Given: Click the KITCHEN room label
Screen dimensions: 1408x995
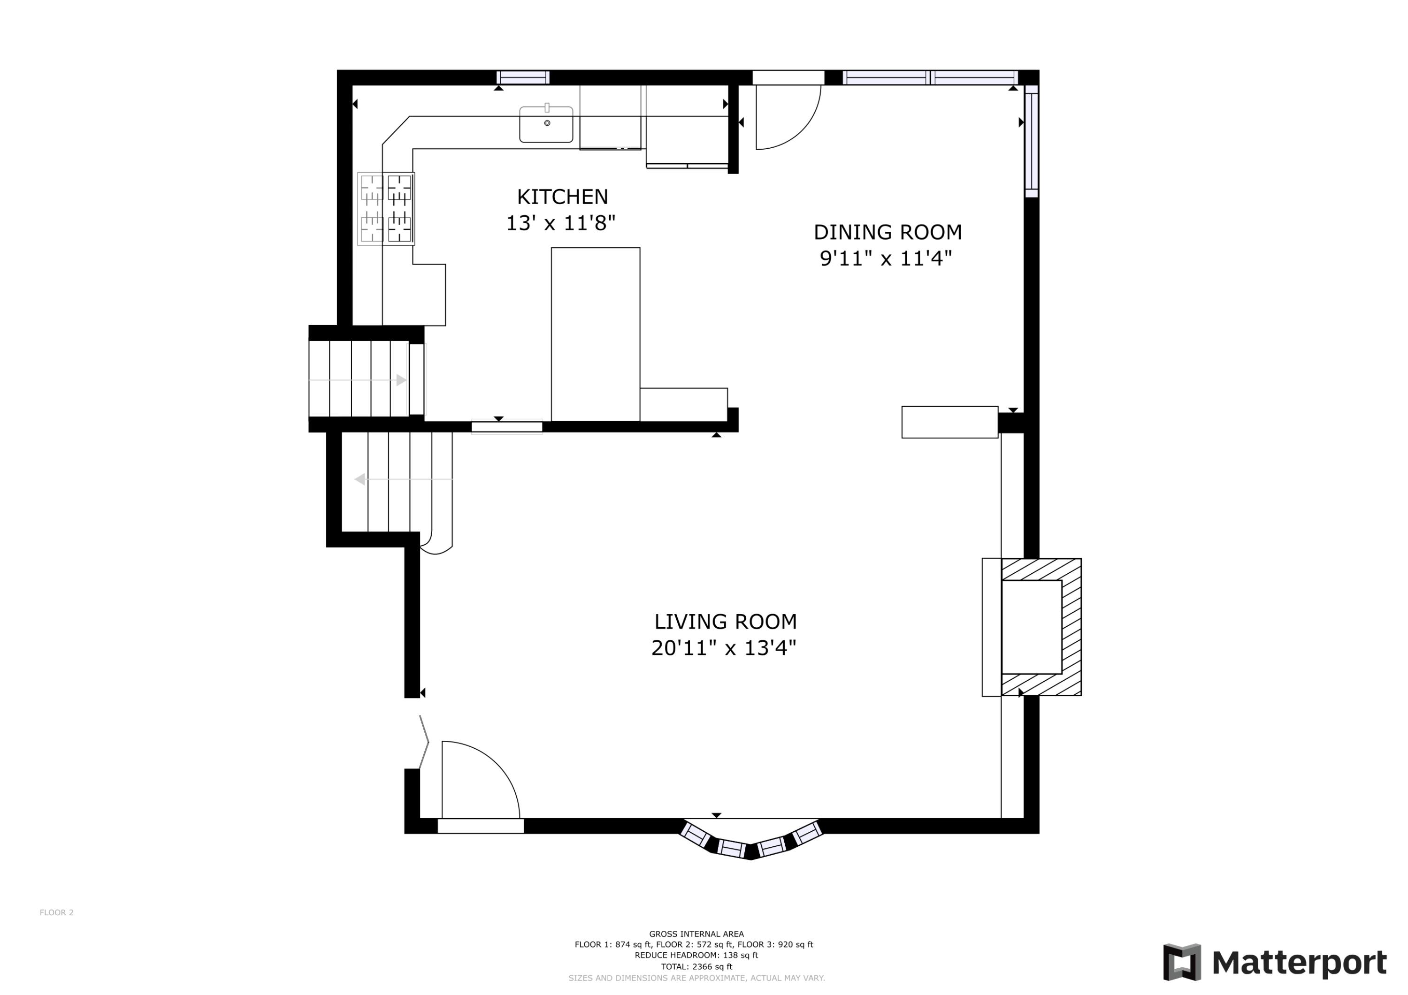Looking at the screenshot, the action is click(x=562, y=197).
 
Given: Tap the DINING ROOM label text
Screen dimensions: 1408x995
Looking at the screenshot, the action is click(x=888, y=232).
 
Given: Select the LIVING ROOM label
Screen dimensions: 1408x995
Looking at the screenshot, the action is click(x=726, y=622).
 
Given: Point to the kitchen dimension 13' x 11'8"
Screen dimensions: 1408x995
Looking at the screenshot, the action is click(x=560, y=222).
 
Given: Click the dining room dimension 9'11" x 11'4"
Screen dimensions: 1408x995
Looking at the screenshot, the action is click(x=886, y=258).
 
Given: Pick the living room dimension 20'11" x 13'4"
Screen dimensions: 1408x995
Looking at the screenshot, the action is click(x=724, y=647).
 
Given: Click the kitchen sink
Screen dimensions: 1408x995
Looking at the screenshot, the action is click(x=546, y=124).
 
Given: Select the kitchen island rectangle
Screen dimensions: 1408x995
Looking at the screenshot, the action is click(x=596, y=335).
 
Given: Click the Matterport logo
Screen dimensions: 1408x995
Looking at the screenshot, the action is click(x=1275, y=963).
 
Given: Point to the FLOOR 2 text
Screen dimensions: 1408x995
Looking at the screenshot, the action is click(x=56, y=912).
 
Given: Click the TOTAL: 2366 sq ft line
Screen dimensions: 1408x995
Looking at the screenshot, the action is click(x=696, y=967).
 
